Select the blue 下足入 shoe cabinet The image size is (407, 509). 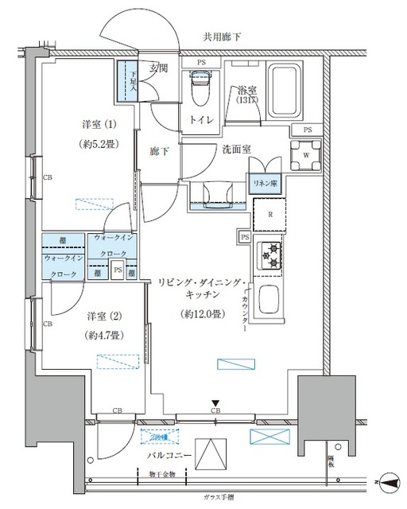pyautogui.click(x=128, y=81)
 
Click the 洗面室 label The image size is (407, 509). pyautogui.click(x=215, y=148)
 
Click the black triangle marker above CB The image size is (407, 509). pyautogui.click(x=215, y=403)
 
